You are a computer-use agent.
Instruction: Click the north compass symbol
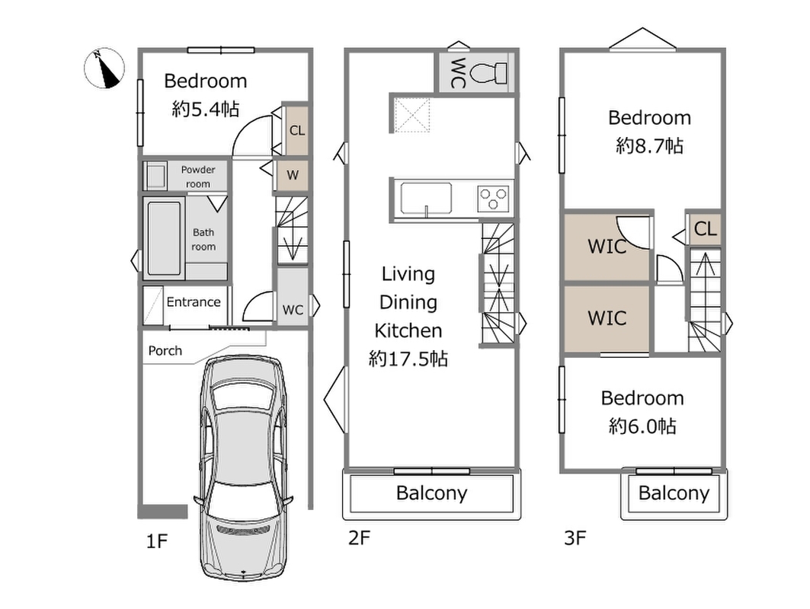[104, 68]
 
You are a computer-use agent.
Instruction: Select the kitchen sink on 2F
[426, 198]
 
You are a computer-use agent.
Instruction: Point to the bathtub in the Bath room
[165, 238]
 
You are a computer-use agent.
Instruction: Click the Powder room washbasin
[155, 176]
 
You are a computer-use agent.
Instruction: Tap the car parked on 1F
[243, 467]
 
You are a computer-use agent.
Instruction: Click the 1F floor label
[157, 541]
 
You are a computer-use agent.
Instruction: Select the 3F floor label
[575, 538]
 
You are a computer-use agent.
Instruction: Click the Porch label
[165, 351]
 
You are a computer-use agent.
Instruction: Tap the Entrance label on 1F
[194, 302]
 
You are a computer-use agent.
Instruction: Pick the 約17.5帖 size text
[408, 359]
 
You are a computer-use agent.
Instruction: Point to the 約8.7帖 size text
[649, 146]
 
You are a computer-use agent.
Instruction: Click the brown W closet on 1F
[293, 175]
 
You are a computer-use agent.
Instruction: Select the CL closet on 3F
[705, 228]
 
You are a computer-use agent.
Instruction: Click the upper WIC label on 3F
[607, 247]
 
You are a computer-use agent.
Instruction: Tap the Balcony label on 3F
[674, 493]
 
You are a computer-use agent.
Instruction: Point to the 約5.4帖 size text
[206, 109]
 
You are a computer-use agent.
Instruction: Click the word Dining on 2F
[408, 302]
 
